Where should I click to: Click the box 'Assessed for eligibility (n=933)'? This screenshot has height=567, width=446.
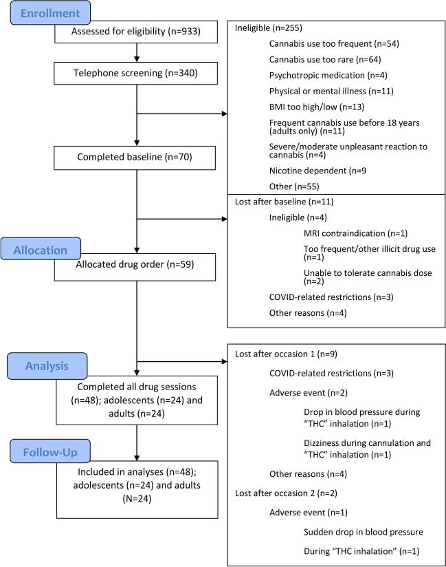(x=137, y=32)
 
